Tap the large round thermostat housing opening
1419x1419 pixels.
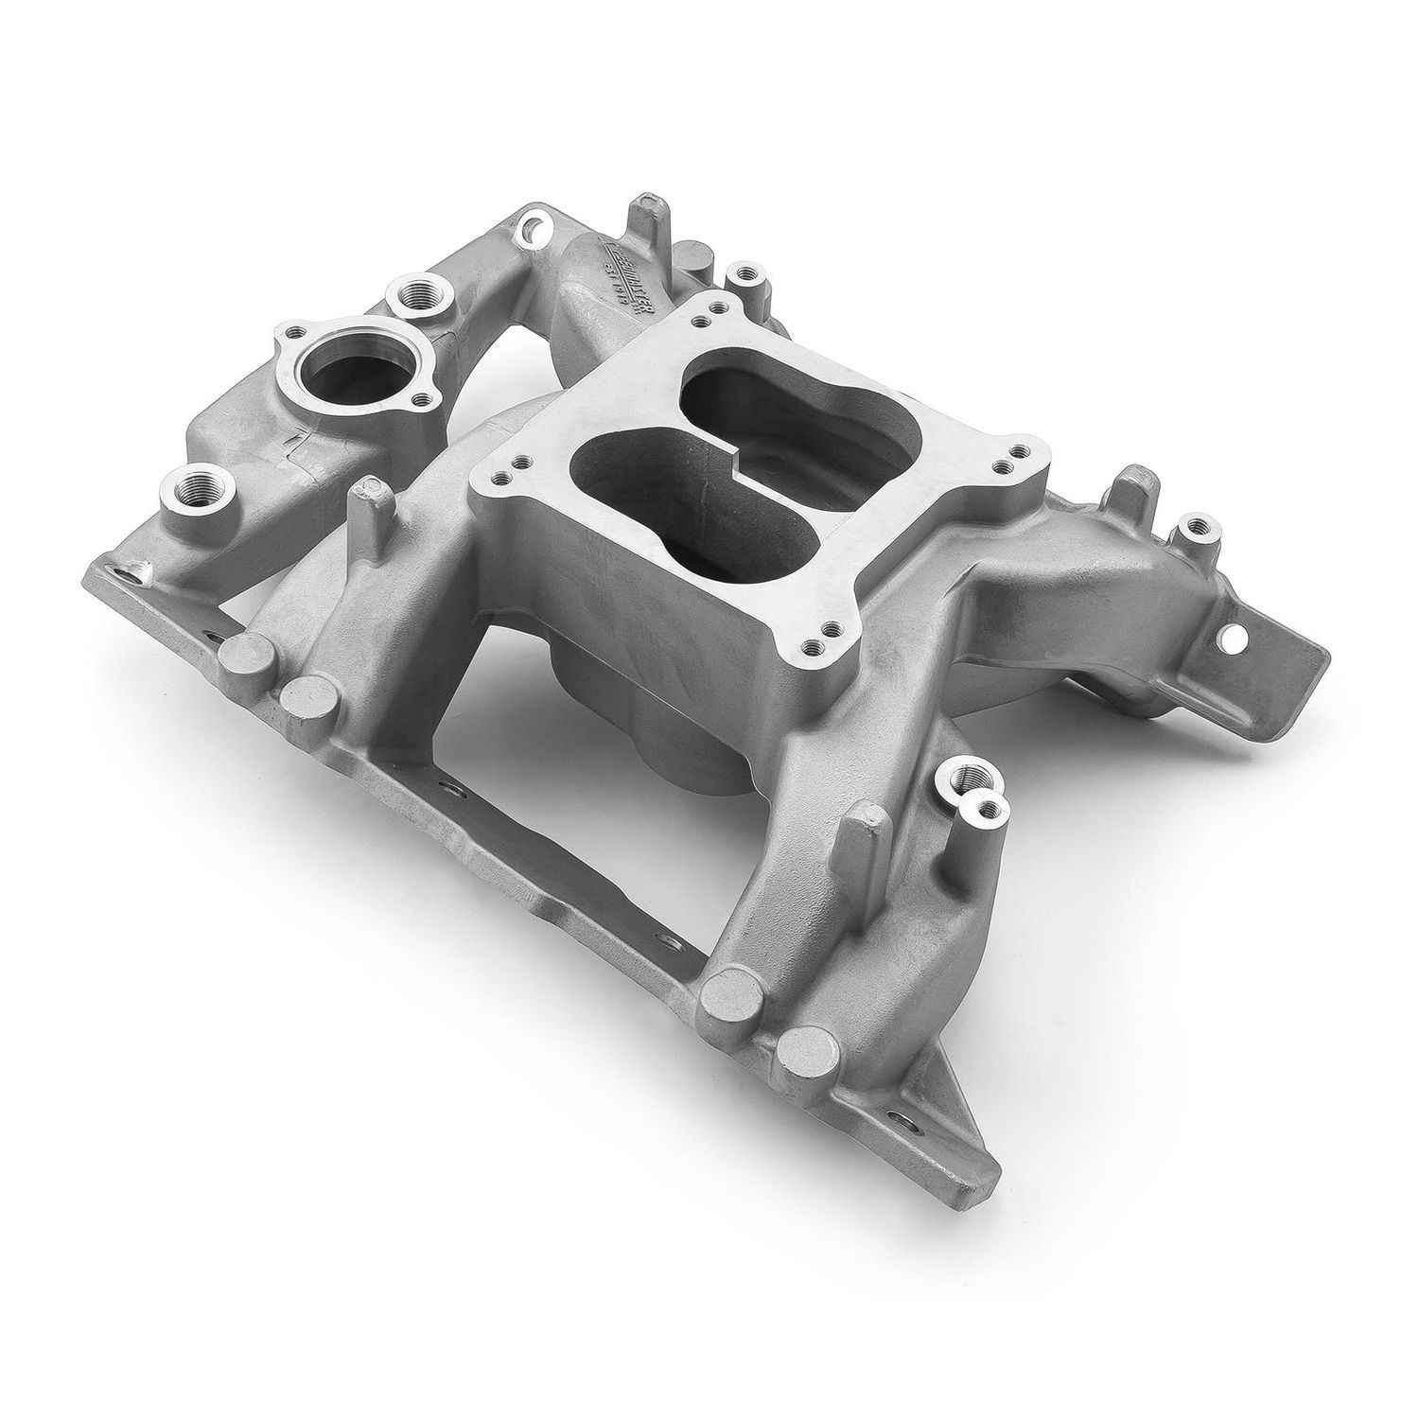tap(330, 368)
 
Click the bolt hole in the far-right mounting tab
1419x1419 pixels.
tap(1235, 641)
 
